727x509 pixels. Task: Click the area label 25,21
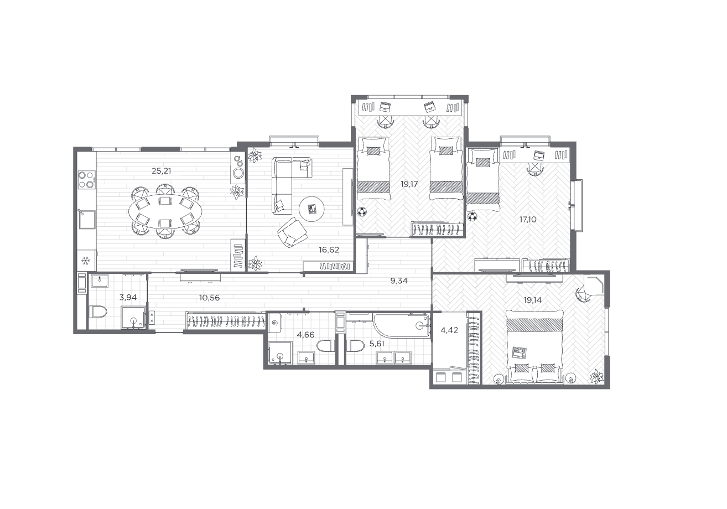(162, 171)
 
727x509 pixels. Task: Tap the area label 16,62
(329, 250)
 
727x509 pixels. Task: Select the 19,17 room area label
(409, 184)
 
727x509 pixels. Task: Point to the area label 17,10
(528, 220)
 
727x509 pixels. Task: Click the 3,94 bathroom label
(128, 297)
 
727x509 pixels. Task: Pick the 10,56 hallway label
(209, 297)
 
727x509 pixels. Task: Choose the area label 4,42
(449, 330)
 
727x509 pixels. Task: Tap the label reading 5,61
(377, 344)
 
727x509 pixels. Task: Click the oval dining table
(165, 212)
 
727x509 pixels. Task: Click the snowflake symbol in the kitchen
(86, 261)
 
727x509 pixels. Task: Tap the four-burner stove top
(87, 180)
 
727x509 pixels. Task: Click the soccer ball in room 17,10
(472, 216)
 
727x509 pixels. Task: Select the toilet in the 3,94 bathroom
(98, 312)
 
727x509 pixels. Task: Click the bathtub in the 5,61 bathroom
(401, 325)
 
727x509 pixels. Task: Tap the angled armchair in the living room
(292, 232)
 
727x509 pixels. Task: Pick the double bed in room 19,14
(534, 346)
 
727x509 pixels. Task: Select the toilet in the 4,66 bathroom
(325, 345)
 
